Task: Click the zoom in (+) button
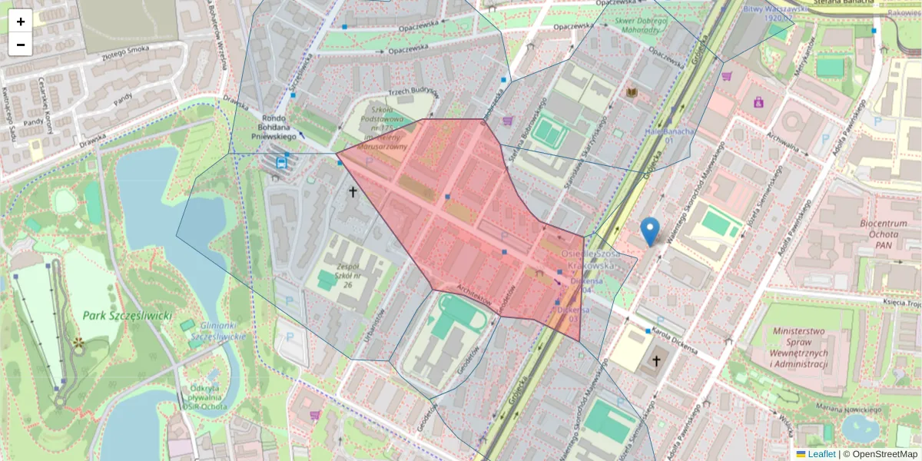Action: (21, 22)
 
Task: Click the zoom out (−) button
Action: (21, 45)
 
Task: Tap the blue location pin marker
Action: (650, 230)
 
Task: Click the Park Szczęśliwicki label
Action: (128, 316)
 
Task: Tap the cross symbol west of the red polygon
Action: (353, 191)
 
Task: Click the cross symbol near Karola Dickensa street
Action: (656, 360)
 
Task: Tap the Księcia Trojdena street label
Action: (901, 303)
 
